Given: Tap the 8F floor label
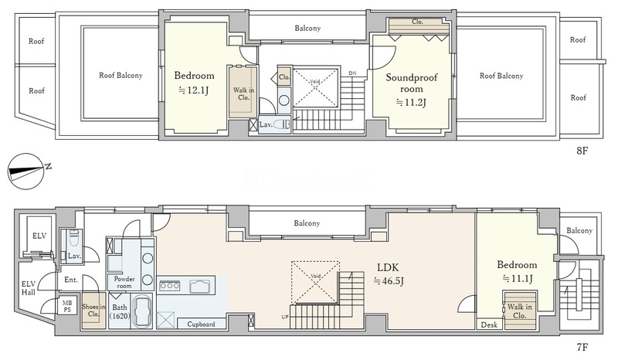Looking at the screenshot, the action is (582, 151).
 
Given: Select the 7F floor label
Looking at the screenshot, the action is (582, 347).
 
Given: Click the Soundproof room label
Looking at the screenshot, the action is (412, 83).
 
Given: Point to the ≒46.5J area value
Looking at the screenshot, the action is (389, 281).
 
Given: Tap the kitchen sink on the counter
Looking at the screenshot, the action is (202, 286).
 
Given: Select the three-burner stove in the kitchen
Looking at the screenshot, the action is (169, 285).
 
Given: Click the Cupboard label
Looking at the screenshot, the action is (201, 324).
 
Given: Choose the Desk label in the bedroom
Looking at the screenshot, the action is (489, 325).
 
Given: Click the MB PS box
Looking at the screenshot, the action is (67, 307).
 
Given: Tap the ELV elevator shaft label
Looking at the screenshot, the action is (39, 236).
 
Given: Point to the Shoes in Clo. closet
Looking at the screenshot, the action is (93, 311).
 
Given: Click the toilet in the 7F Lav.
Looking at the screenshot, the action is (73, 237).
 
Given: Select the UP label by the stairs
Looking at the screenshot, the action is (285, 317).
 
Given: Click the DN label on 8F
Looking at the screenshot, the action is (352, 73).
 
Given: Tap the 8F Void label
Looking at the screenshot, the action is (315, 82).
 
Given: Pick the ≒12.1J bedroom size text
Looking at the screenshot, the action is (194, 90).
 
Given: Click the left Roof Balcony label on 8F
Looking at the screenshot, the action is (121, 75).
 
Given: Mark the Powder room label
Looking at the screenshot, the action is (124, 282).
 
